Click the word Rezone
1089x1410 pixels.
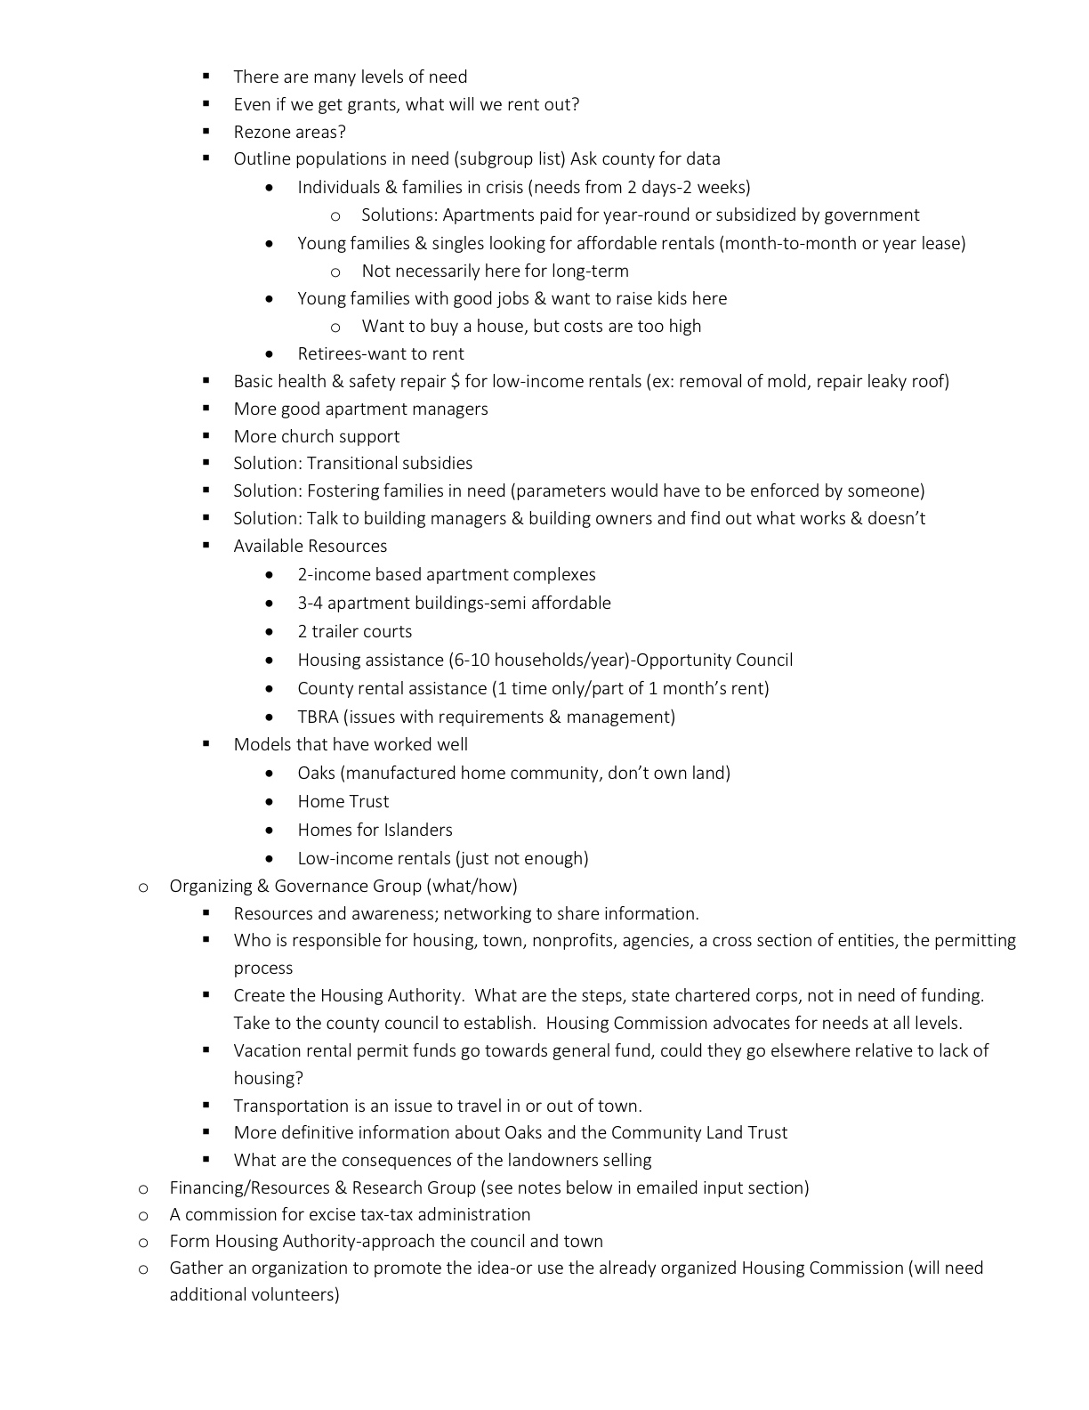pos(260,133)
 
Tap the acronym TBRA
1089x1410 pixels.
pos(318,717)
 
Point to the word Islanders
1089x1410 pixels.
pos(418,831)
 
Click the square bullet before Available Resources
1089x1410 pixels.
pos(206,546)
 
